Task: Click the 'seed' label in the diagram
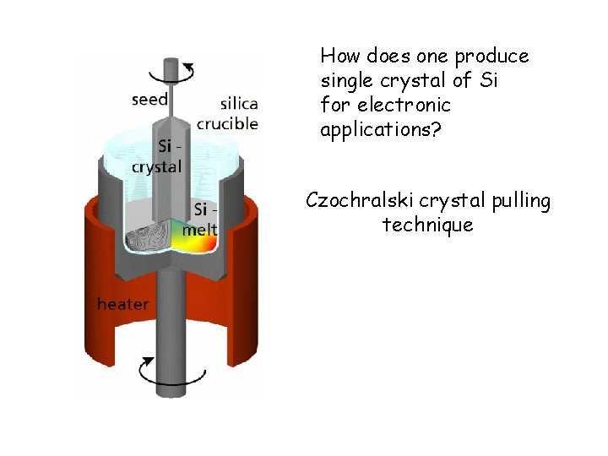click(x=149, y=100)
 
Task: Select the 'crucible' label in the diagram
click(x=227, y=123)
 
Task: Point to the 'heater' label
click(x=122, y=304)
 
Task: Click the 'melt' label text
click(x=200, y=230)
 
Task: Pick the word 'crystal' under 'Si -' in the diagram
click(x=156, y=166)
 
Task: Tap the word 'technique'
click(x=427, y=225)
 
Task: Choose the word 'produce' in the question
click(x=492, y=57)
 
